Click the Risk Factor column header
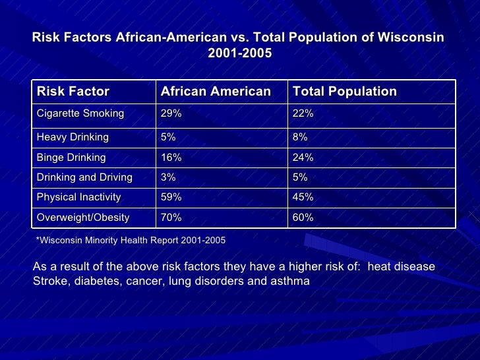click(73, 92)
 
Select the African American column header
click(216, 92)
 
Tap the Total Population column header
click(344, 92)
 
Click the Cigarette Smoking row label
click(80, 113)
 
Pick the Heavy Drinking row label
click(73, 137)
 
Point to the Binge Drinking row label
click(71, 158)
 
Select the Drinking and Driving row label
click(84, 177)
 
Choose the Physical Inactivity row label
click(78, 197)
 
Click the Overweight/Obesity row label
click(83, 217)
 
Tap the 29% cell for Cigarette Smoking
click(171, 113)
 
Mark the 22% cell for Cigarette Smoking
click(303, 113)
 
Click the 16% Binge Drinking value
click(171, 158)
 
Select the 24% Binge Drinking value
click(303, 158)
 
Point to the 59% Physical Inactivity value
click(171, 197)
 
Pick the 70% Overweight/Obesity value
click(171, 217)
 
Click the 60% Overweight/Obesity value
click(303, 217)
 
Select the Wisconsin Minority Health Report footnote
click(131, 241)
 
